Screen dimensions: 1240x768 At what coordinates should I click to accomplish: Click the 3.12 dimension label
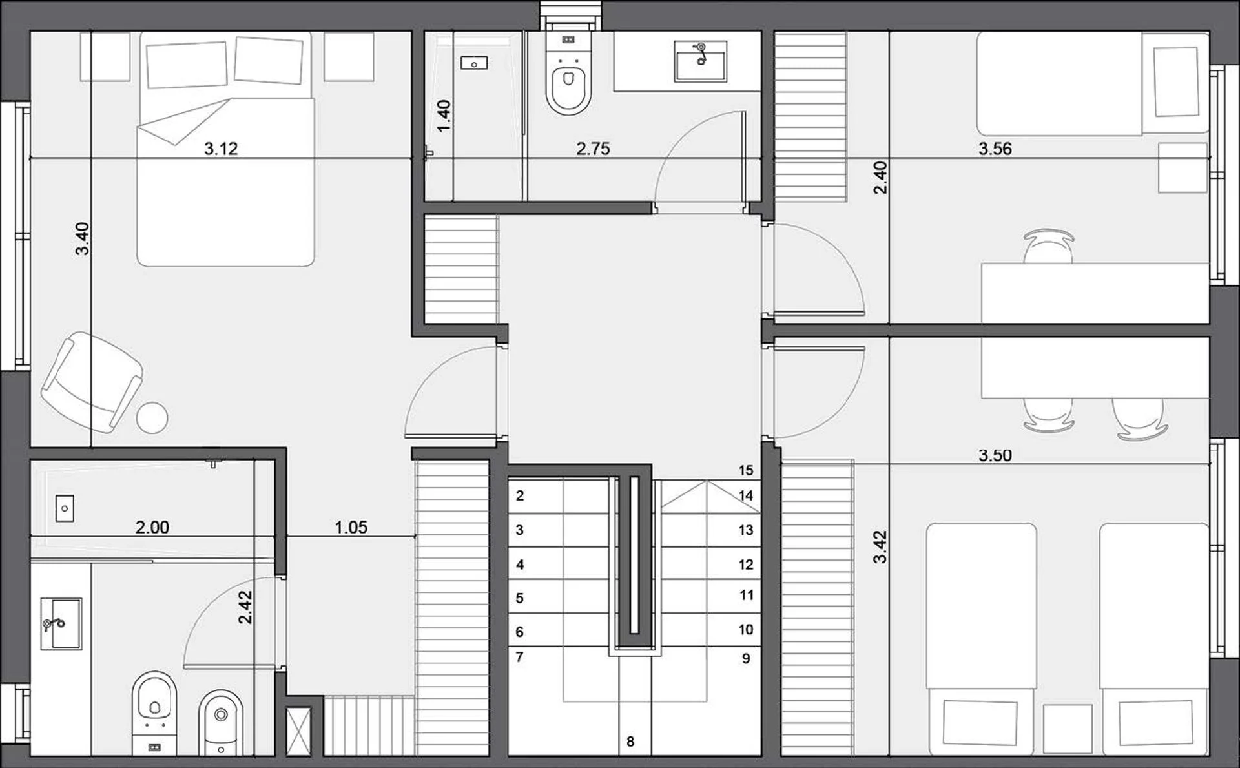(x=221, y=149)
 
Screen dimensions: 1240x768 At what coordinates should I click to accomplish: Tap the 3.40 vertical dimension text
(x=82, y=238)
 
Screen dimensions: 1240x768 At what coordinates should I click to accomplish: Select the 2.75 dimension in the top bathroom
(x=593, y=149)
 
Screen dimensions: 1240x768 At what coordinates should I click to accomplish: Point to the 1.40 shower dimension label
(x=444, y=116)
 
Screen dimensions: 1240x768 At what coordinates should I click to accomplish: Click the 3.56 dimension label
(x=995, y=149)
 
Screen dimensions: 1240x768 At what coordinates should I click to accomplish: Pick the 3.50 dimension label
(x=995, y=455)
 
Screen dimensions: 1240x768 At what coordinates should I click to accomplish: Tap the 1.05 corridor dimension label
(x=351, y=528)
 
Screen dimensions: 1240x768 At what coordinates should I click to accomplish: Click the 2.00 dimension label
(x=152, y=528)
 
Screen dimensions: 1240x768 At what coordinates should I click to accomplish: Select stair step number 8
(x=630, y=742)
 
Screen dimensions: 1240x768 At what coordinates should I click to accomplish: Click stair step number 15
(x=746, y=470)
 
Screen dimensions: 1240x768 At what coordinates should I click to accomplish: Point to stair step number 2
(x=520, y=496)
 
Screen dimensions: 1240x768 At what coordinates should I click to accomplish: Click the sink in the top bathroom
(x=701, y=61)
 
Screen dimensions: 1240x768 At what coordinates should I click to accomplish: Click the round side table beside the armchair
(x=152, y=417)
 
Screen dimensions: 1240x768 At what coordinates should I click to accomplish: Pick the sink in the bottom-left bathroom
(x=61, y=623)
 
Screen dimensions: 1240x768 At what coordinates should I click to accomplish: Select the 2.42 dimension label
(x=245, y=608)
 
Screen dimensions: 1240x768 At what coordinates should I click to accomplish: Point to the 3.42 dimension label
(x=880, y=546)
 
